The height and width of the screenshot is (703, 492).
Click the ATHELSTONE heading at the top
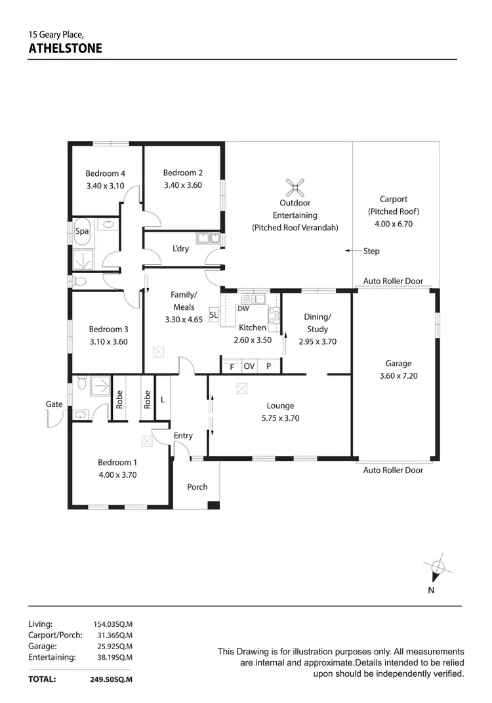point(66,49)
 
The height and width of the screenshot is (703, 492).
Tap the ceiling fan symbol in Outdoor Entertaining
point(297,188)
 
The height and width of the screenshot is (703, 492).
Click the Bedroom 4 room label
point(106,174)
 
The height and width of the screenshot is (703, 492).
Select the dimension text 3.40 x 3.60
point(183,185)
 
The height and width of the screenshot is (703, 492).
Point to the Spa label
point(82,231)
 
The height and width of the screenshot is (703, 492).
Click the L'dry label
point(181,249)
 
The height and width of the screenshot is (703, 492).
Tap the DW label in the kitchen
point(243,309)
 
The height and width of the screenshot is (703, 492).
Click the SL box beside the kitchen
point(213,315)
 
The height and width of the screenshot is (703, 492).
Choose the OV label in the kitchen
point(249,367)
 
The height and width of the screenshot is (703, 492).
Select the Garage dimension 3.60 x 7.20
point(398,376)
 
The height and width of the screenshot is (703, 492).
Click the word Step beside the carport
point(371,251)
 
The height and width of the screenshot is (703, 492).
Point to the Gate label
point(54,404)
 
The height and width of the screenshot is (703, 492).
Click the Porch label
point(197,487)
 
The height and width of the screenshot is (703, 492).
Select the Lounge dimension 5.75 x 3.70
point(280,417)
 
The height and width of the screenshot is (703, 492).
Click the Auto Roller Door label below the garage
point(394,470)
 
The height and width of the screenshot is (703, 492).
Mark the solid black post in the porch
point(212,505)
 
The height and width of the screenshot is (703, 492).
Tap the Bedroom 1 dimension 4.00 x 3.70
point(117,475)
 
